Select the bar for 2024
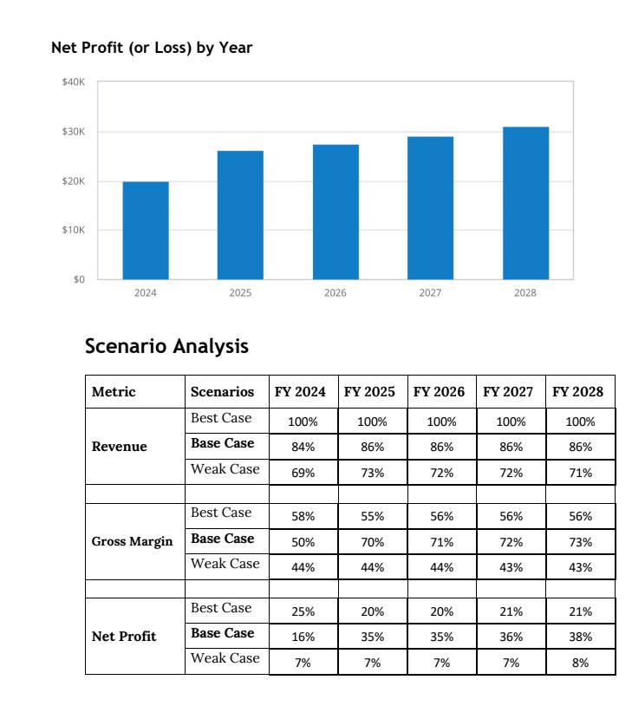tap(146, 231)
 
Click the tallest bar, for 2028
tap(525, 203)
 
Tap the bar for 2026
tap(336, 212)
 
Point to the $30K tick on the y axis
tap(74, 132)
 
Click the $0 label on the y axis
tap(79, 279)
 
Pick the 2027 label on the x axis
tap(430, 292)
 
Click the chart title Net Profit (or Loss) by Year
tap(152, 48)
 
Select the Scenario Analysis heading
tap(166, 346)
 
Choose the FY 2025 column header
tap(369, 392)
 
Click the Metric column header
tap(114, 392)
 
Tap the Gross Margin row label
tap(132, 541)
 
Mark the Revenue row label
tap(120, 446)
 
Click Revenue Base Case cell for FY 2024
tap(303, 447)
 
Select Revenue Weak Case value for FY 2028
tap(581, 473)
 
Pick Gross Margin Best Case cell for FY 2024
tap(303, 516)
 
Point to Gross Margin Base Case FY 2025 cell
tap(372, 542)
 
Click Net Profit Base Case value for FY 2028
tap(581, 637)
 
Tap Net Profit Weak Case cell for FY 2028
tap(581, 663)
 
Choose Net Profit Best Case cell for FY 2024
tap(303, 611)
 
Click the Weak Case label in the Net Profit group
tap(225, 657)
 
